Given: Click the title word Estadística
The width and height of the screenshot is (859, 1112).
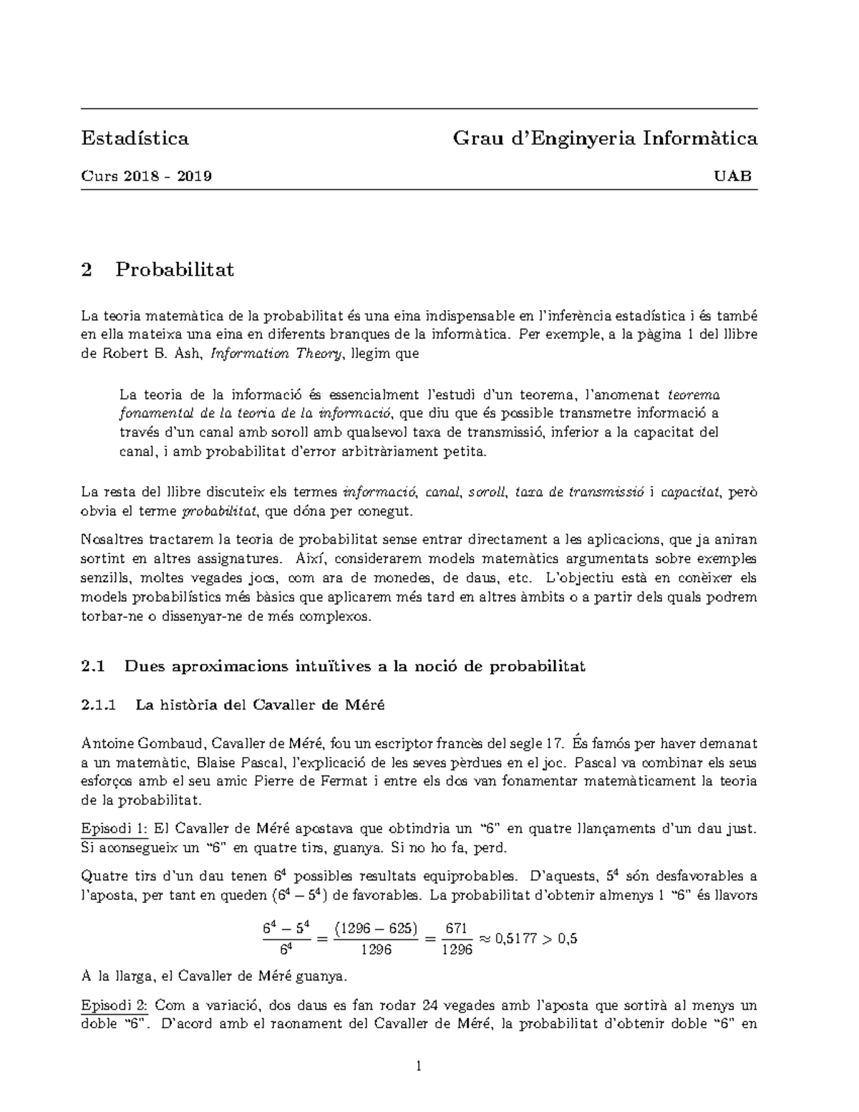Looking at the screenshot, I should [135, 138].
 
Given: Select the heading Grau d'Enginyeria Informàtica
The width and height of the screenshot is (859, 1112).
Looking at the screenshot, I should [605, 138].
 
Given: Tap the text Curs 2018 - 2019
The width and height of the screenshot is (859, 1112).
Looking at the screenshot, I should [146, 176].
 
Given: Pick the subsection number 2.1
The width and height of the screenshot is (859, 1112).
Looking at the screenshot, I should [93, 667].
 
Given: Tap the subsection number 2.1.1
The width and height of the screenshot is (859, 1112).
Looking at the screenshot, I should [99, 705].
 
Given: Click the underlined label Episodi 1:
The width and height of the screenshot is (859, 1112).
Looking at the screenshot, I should [115, 828].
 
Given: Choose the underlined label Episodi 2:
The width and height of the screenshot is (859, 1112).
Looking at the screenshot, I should [115, 1004].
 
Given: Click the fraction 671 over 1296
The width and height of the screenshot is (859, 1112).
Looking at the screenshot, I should [458, 938].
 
